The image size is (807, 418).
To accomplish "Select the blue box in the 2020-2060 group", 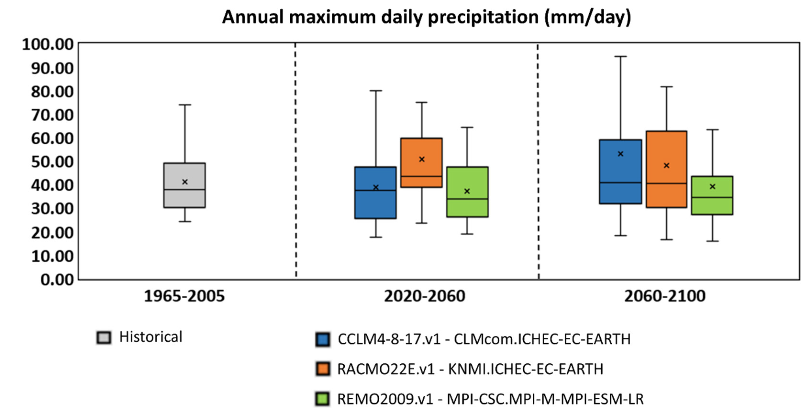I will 375,204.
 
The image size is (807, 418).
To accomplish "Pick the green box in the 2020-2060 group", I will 467,207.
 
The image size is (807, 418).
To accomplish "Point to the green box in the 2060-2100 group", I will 712,205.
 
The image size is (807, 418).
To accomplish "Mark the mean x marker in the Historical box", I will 185,182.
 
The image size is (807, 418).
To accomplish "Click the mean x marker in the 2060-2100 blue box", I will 620,154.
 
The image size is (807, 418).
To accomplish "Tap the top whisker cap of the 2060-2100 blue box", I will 620,56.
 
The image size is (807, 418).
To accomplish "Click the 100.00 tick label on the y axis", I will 48,45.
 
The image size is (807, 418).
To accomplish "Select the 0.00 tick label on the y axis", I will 57,279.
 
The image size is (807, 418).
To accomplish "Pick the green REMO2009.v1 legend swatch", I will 322,399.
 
